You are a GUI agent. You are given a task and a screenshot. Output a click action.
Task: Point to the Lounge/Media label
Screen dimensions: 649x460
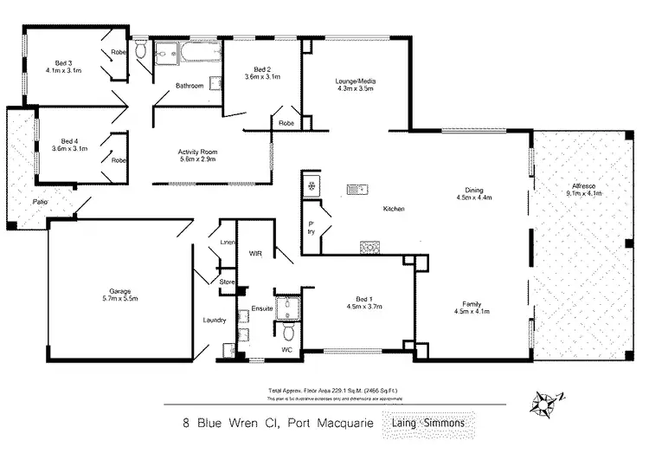[x=356, y=82]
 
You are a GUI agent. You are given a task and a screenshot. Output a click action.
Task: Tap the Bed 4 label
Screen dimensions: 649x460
[x=69, y=141]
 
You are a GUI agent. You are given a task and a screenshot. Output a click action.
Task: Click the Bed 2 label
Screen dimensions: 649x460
[x=263, y=69]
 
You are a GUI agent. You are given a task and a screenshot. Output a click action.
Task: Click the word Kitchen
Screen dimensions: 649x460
[x=395, y=209]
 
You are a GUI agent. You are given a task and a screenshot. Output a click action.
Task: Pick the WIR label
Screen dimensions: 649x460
[x=255, y=254]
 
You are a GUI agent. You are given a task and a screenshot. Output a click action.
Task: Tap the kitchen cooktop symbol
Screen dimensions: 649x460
[x=369, y=246]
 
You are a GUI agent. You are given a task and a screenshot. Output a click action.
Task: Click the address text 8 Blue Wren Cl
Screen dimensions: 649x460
[x=221, y=424]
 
